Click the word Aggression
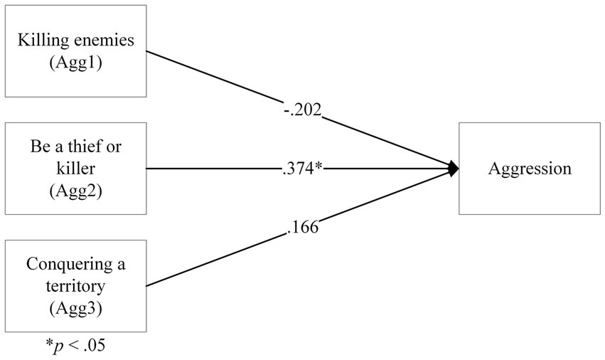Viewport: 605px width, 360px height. coord(530,169)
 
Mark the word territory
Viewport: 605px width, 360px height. coord(75,287)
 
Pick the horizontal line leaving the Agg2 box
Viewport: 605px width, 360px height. coord(213,169)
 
